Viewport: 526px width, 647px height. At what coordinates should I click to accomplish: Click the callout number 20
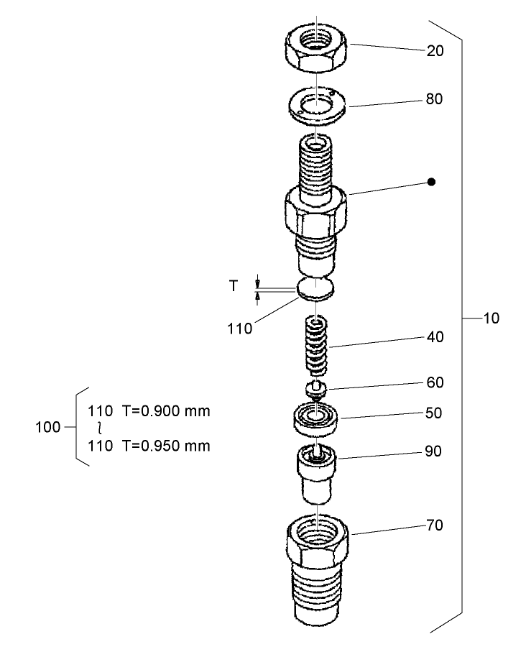(x=435, y=51)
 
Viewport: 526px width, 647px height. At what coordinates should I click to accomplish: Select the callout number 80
(x=435, y=99)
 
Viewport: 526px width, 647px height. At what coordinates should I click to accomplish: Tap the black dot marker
(x=431, y=183)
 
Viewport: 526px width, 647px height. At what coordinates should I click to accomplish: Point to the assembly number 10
(x=491, y=317)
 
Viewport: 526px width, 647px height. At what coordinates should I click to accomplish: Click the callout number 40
(x=435, y=336)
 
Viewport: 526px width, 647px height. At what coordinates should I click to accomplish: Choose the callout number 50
(x=435, y=413)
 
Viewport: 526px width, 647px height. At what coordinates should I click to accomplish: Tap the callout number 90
(x=435, y=451)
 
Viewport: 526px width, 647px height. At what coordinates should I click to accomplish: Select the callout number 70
(x=435, y=526)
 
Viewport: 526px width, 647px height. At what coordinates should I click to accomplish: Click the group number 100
(x=47, y=428)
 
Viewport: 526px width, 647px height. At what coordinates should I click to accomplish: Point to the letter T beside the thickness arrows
(x=233, y=285)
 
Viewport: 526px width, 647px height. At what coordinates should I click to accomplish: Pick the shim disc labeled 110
(x=315, y=288)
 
